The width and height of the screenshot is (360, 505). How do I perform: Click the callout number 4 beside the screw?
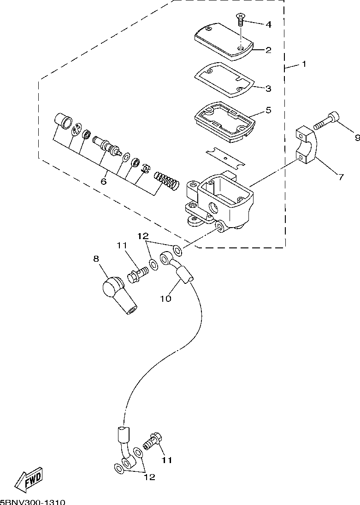click(268, 24)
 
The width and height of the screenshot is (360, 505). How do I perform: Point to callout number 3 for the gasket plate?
click(268, 88)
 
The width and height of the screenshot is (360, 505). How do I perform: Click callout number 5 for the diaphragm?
click(268, 110)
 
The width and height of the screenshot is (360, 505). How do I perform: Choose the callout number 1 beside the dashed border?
click(304, 64)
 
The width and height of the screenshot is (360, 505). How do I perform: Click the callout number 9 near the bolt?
click(357, 138)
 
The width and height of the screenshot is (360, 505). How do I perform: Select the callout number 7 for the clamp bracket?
click(341, 176)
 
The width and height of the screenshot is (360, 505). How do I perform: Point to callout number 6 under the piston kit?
click(103, 182)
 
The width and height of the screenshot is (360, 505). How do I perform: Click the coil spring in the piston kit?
click(166, 180)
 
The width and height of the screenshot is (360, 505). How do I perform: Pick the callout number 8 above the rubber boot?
click(96, 258)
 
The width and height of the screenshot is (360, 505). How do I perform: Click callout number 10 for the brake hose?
click(166, 299)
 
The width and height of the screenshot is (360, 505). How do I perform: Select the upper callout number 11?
click(122, 246)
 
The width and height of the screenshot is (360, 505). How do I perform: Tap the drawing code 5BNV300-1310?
click(33, 502)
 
